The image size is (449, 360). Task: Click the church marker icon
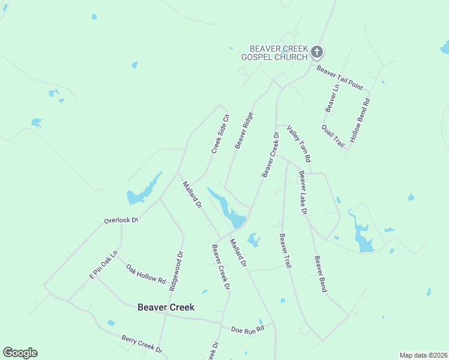(317, 53)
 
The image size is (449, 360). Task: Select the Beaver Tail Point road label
(340, 78)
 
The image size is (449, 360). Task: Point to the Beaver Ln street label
(332, 98)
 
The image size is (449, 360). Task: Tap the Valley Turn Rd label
(298, 144)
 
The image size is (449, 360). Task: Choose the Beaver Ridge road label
(244, 130)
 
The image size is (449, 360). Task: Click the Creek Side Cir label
(220, 133)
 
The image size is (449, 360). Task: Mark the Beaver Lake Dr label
(303, 193)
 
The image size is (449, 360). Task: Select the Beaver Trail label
(285, 251)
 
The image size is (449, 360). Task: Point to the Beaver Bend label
(321, 274)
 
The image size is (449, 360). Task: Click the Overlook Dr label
(121, 220)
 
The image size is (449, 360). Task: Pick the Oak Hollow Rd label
(146, 273)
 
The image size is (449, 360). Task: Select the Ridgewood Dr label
(176, 271)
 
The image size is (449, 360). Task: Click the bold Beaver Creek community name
(166, 307)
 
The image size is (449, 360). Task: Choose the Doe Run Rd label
(247, 329)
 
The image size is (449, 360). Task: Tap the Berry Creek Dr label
(142, 344)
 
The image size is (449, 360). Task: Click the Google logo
(20, 353)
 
